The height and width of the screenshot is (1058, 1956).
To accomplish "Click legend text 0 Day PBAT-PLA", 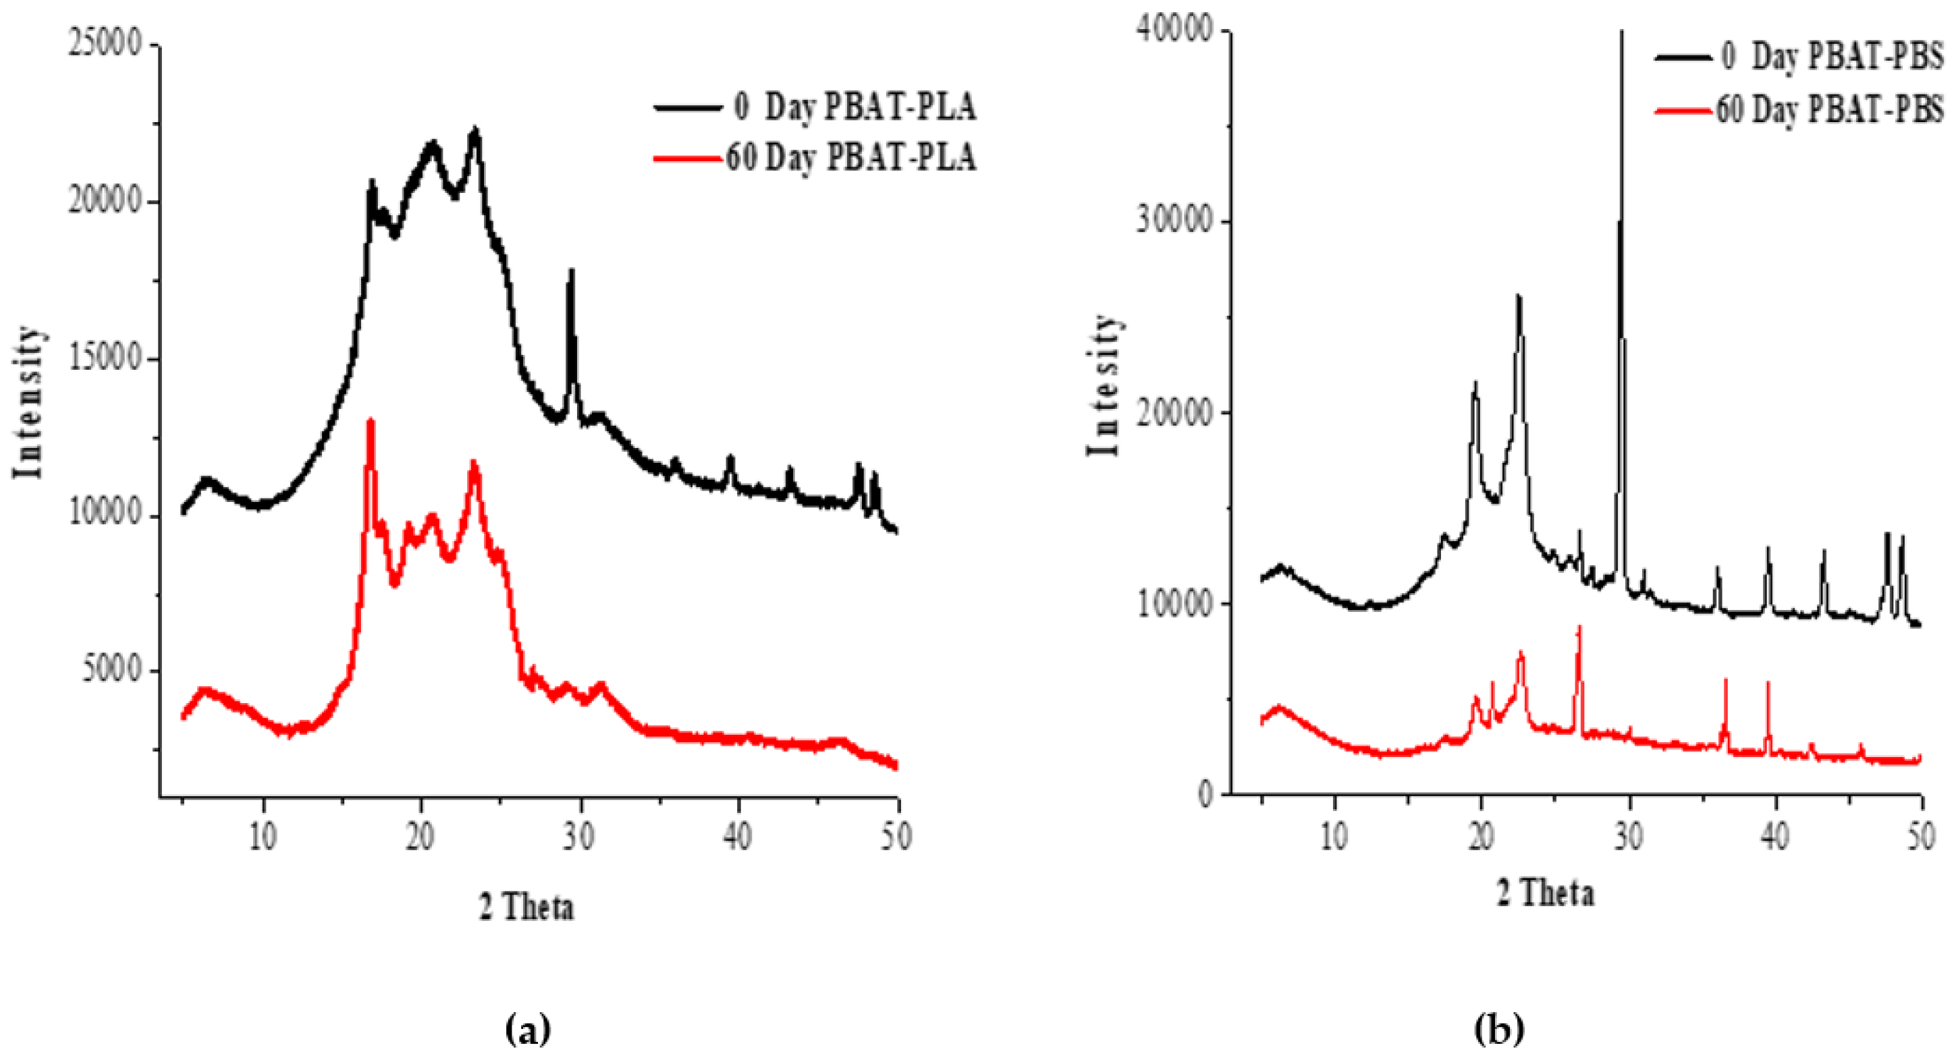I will [x=855, y=107].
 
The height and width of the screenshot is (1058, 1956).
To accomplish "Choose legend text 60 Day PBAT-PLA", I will [x=850, y=157].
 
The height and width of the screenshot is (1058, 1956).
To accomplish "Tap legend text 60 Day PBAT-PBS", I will [x=1830, y=111].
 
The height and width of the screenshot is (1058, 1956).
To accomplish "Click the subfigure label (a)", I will [x=527, y=1030].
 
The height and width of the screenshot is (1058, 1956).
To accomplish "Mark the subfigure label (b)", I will [x=1499, y=1030].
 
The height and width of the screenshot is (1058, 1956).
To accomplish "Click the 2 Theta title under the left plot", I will [x=526, y=907].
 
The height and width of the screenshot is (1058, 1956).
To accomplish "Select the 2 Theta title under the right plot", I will [x=1546, y=893].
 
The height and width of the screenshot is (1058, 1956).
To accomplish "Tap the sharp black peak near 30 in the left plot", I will [x=571, y=272].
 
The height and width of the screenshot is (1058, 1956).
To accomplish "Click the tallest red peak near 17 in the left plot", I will [x=371, y=421].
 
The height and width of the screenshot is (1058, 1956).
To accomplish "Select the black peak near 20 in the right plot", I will [x=1475, y=384].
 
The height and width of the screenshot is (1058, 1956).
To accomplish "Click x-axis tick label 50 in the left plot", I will [x=898, y=837].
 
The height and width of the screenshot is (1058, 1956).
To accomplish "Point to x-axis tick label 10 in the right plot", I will [x=1335, y=835].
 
